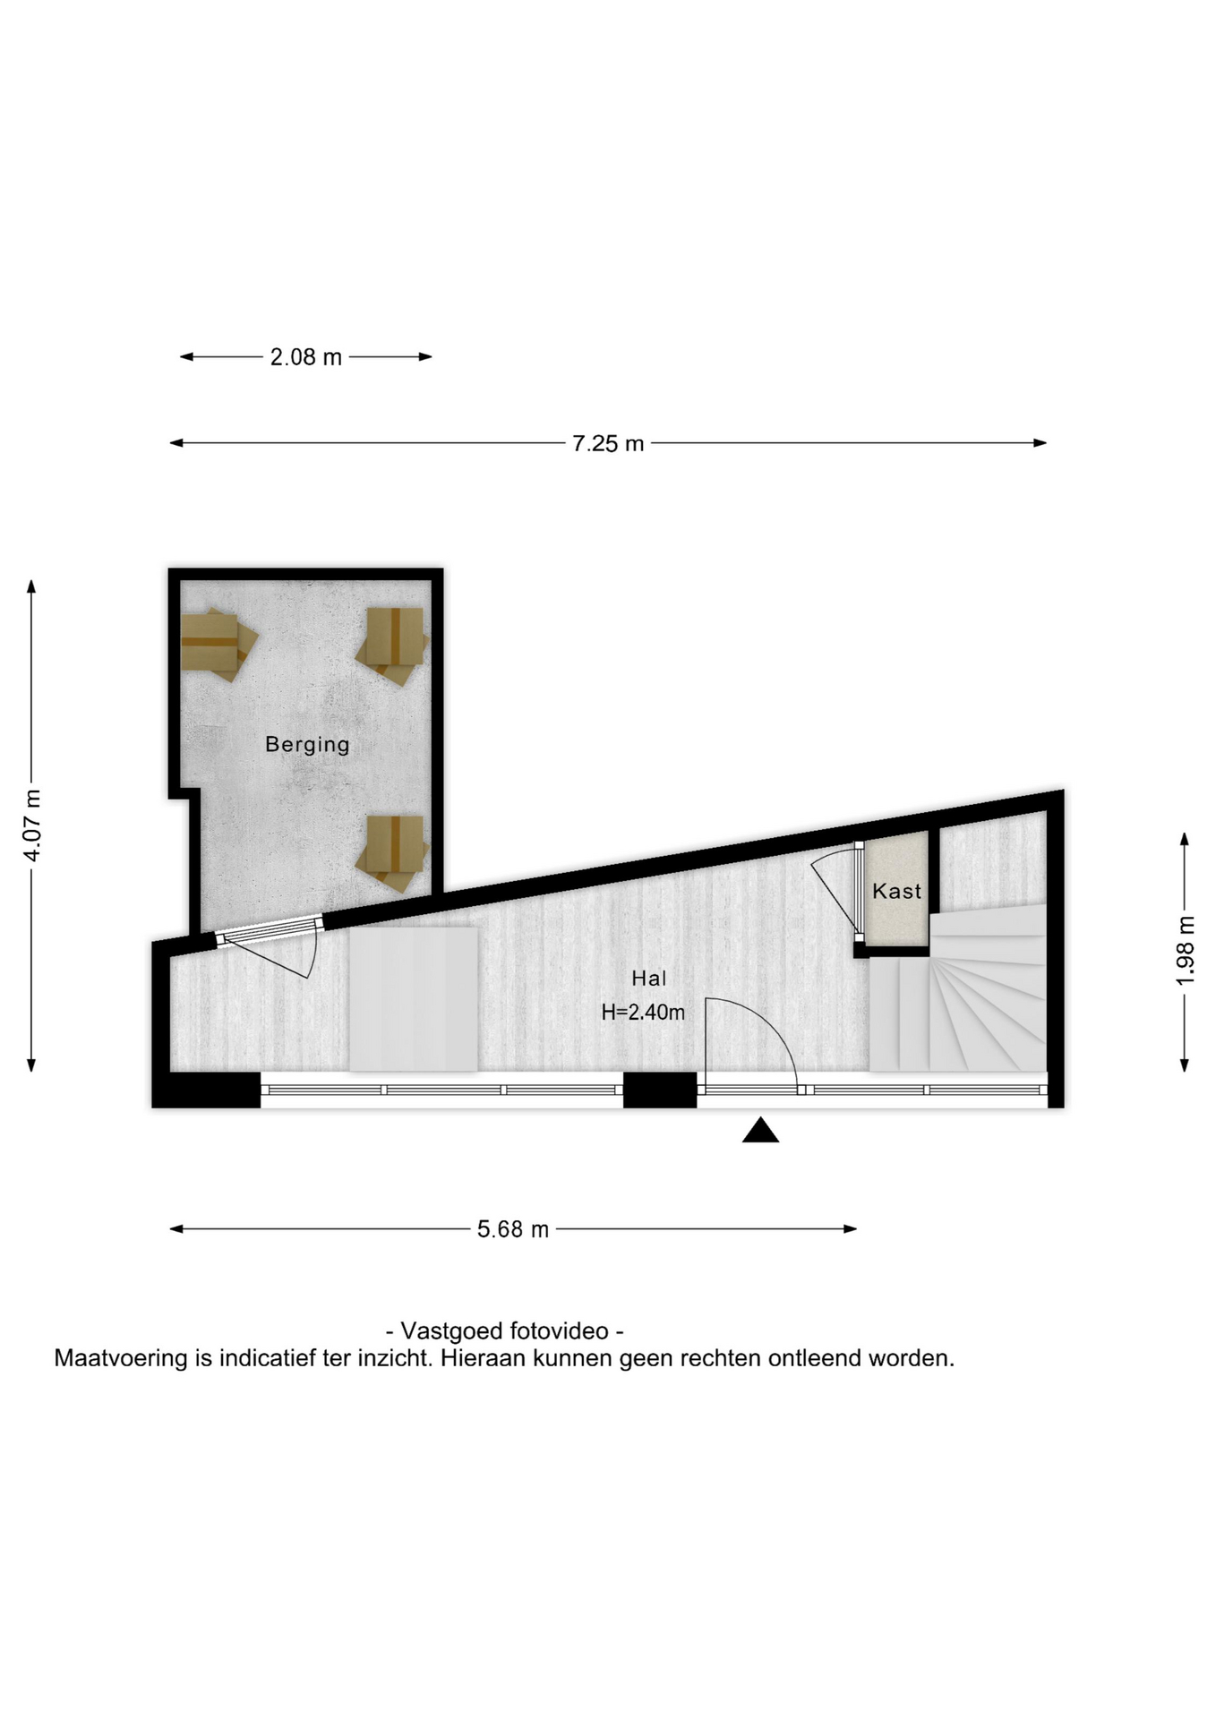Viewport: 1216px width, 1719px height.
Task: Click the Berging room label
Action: [x=307, y=744]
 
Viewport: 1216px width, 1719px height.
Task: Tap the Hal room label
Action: [x=649, y=979]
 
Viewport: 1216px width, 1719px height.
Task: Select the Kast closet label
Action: [x=896, y=891]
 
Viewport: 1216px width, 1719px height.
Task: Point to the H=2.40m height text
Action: [x=643, y=1013]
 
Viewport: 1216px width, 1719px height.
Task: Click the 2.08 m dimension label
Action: [x=306, y=357]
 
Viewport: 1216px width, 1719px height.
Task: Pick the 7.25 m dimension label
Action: [x=608, y=443]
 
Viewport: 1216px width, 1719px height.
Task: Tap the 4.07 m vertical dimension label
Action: [x=32, y=825]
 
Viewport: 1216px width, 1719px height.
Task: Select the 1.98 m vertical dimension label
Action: [x=1185, y=951]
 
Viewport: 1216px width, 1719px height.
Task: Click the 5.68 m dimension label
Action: [x=513, y=1229]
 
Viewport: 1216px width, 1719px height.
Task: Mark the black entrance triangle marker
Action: [x=760, y=1132]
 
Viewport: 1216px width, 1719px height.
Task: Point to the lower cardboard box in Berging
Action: [x=392, y=852]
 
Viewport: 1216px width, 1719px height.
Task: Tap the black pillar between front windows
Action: [x=660, y=1090]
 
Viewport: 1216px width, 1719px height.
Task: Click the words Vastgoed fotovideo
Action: [x=504, y=1330]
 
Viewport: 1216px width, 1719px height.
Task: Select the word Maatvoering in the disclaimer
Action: [x=121, y=1359]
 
